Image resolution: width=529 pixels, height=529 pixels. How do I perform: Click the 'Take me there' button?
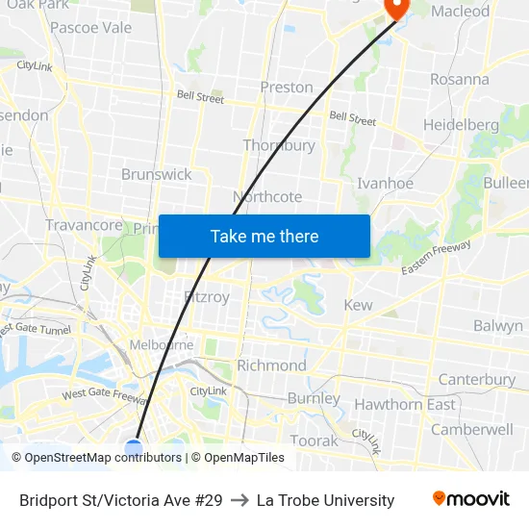(x=264, y=236)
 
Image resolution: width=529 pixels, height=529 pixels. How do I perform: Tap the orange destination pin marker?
(x=395, y=7)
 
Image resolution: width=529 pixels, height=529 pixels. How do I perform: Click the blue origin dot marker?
(x=134, y=447)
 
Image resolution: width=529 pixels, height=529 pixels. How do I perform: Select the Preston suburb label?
(x=287, y=87)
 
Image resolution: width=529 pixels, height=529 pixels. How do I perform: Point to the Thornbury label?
(x=279, y=145)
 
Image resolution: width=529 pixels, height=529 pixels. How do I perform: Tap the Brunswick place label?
(x=156, y=174)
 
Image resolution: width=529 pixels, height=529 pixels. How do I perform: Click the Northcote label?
(x=267, y=196)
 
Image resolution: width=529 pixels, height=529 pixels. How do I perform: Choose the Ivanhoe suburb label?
(x=385, y=183)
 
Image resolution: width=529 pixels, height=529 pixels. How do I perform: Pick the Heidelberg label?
(x=461, y=124)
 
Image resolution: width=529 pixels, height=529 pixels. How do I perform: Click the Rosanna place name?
(x=459, y=79)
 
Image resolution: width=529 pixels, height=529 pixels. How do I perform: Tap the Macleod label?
(x=460, y=12)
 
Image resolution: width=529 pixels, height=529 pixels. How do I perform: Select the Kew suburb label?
(x=358, y=305)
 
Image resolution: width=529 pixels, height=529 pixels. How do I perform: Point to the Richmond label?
(x=271, y=365)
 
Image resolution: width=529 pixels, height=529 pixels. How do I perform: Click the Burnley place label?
(x=314, y=398)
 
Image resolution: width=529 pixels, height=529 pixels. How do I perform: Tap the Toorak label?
(x=315, y=441)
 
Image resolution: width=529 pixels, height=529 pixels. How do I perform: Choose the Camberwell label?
(x=471, y=429)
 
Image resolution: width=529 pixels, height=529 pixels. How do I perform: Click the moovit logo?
(x=471, y=499)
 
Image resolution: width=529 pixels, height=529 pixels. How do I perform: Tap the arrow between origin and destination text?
(x=239, y=500)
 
